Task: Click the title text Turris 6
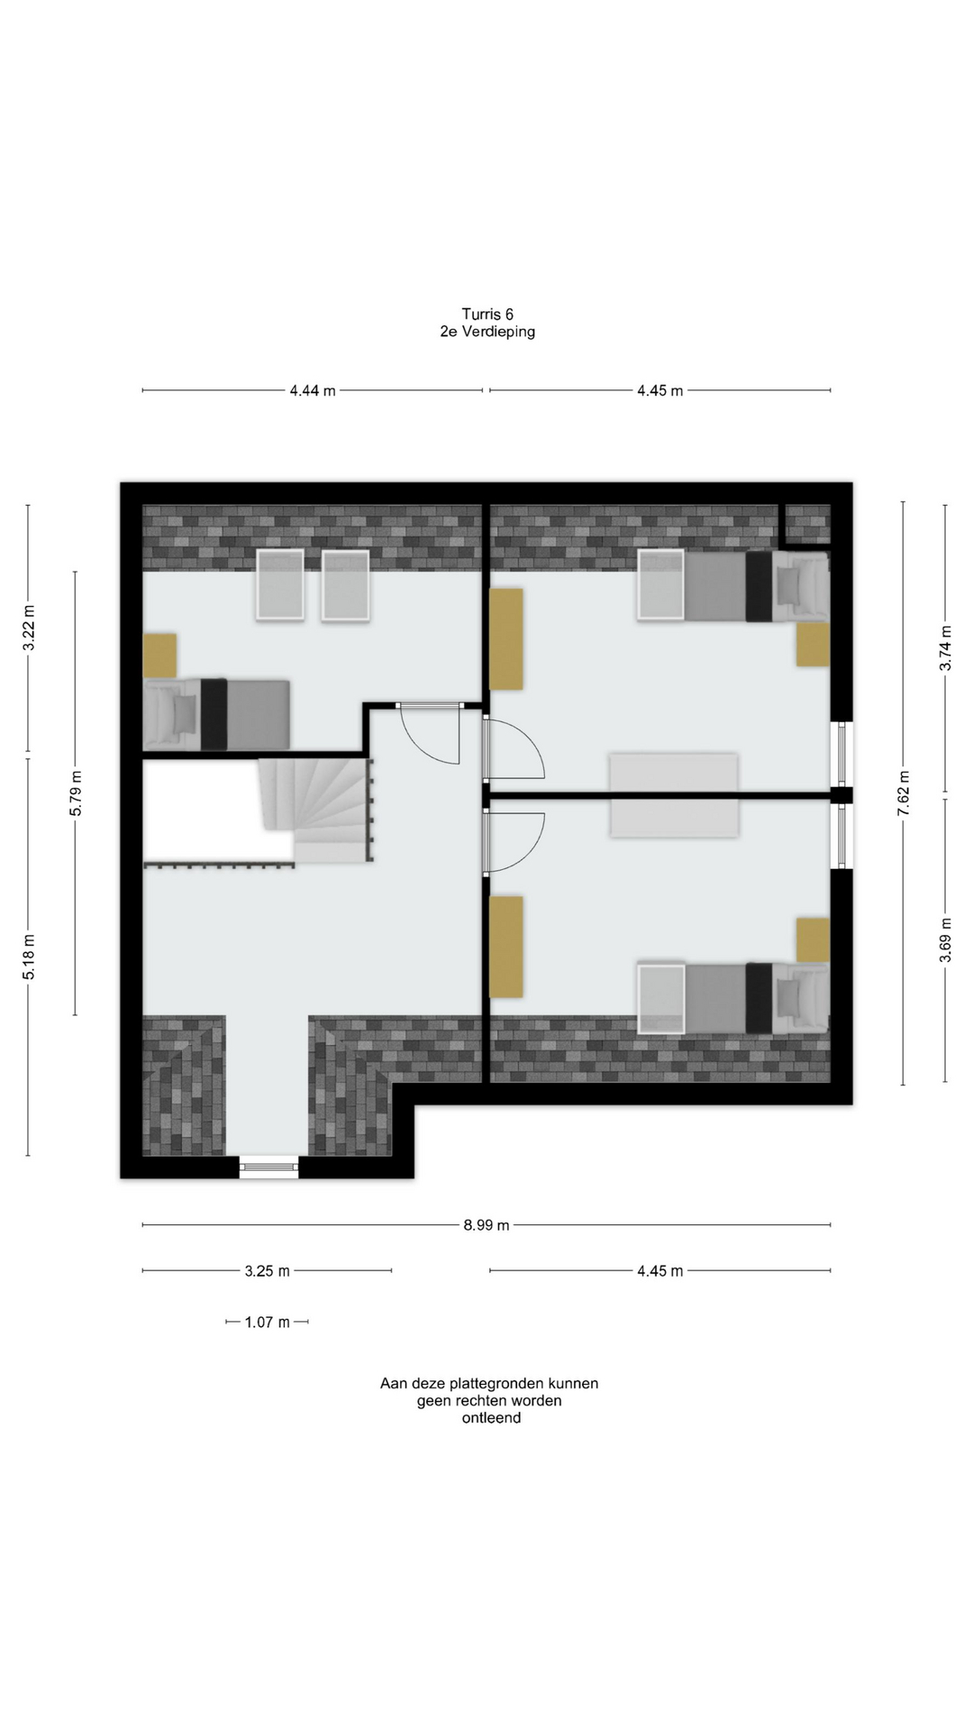pyautogui.click(x=487, y=314)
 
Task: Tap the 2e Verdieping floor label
pyautogui.click(x=487, y=332)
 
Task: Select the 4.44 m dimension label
pyautogui.click(x=313, y=390)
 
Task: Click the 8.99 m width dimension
pyautogui.click(x=486, y=1225)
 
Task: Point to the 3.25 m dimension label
pyautogui.click(x=268, y=1271)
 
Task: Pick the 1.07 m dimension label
pyautogui.click(x=268, y=1323)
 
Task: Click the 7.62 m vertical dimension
pyautogui.click(x=904, y=793)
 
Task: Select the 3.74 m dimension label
pyautogui.click(x=946, y=647)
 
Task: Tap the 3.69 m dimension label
pyautogui.click(x=946, y=939)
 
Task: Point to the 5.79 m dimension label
pyautogui.click(x=76, y=793)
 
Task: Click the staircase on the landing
pyautogui.click(x=315, y=810)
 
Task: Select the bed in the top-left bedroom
pyautogui.click(x=217, y=714)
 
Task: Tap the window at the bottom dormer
pyautogui.click(x=269, y=1168)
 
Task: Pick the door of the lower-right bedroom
pyautogui.click(x=514, y=842)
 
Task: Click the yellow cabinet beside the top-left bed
pyautogui.click(x=160, y=655)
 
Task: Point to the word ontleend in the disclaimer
pyautogui.click(x=491, y=1417)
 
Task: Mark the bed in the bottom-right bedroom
pyautogui.click(x=733, y=997)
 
